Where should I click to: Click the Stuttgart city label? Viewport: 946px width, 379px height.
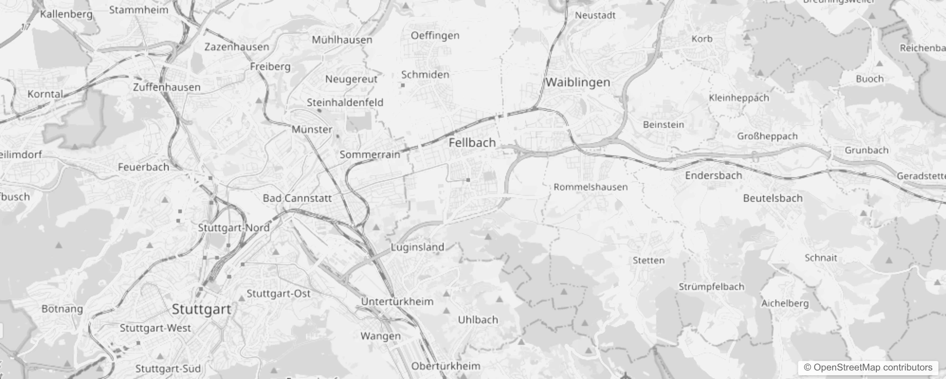[201, 309]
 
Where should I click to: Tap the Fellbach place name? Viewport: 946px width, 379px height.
[472, 143]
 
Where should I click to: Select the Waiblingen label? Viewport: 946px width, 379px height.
[577, 82]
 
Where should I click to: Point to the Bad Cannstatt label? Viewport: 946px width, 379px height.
[297, 198]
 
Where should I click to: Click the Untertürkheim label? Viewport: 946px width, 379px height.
[397, 302]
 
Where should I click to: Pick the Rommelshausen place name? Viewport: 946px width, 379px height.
[591, 187]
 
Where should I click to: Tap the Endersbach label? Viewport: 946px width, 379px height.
[713, 176]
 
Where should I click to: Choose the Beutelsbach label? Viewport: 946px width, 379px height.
[773, 199]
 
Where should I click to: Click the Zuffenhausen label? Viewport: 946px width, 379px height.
[166, 88]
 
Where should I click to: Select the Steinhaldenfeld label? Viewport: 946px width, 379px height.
[345, 103]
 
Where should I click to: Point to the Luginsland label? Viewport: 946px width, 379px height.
[417, 247]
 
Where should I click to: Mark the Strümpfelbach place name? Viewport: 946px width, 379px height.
[711, 287]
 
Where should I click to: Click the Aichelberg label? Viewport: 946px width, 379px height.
[784, 304]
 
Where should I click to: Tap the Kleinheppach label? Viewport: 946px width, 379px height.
[738, 98]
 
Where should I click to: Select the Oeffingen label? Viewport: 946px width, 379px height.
[435, 36]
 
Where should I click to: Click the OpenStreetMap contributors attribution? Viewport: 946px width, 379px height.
[868, 368]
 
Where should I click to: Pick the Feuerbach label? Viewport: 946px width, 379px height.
[143, 167]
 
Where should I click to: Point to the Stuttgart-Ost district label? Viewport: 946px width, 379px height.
[278, 294]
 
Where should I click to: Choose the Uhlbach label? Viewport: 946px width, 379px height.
[478, 320]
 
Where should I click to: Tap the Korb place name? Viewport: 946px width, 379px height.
[701, 39]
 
